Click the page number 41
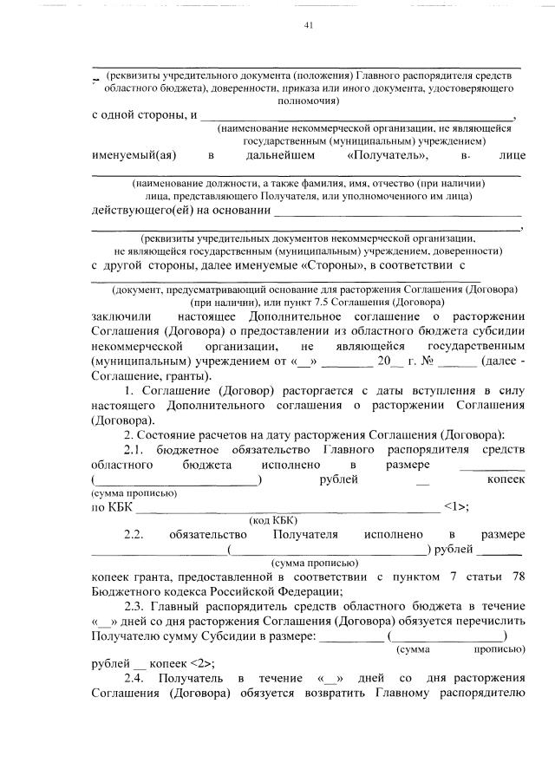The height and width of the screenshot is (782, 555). (x=308, y=25)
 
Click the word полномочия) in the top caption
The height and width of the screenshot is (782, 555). (x=308, y=101)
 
